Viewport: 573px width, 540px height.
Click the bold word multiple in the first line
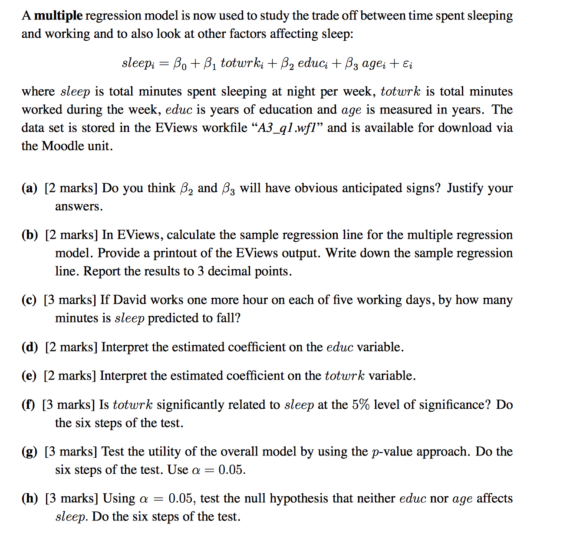coord(58,16)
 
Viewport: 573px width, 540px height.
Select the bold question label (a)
coord(30,188)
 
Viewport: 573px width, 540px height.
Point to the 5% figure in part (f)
coord(361,405)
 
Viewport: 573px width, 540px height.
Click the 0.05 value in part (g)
coord(232,470)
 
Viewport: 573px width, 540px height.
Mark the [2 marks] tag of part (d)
coord(71,347)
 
